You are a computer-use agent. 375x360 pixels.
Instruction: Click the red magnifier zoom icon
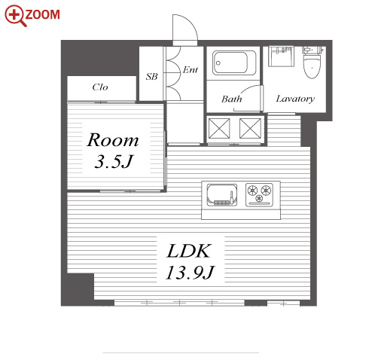14,15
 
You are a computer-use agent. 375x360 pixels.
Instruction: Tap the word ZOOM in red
43,14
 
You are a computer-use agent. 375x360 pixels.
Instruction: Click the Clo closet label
100,87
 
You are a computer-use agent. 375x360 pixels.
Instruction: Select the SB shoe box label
152,76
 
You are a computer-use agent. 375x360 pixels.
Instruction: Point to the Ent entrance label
191,69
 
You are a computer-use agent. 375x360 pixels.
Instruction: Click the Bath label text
231,99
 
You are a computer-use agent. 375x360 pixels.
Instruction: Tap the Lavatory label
295,99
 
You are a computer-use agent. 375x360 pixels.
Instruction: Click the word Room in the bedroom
113,140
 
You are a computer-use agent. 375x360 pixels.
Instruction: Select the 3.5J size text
114,161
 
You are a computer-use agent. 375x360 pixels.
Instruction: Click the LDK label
188,251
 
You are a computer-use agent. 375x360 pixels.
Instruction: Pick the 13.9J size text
190,273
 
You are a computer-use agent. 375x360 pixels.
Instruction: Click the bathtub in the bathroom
234,63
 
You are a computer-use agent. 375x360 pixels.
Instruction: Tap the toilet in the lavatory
312,63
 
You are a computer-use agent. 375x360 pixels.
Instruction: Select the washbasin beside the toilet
281,56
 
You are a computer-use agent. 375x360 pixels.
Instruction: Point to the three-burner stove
259,195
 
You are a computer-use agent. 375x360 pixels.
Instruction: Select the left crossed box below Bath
219,128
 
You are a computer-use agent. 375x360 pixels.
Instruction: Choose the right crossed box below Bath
250,128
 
